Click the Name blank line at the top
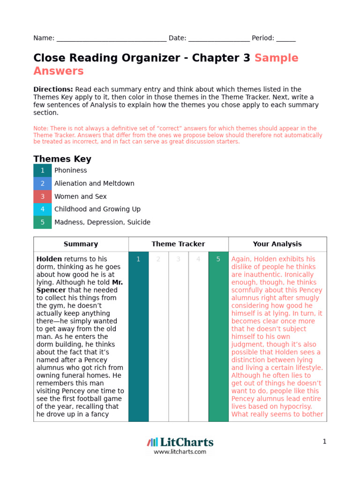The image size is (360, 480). [111, 39]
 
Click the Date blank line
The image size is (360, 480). [219, 39]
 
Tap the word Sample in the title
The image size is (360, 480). [276, 58]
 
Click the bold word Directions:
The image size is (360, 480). [53, 89]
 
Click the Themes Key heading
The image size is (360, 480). [62, 159]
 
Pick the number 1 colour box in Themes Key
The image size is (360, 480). [42, 171]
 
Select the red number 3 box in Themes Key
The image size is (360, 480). [42, 196]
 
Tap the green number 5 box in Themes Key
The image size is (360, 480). [42, 222]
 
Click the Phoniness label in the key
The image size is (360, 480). [71, 171]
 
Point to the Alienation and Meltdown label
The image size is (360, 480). [94, 183]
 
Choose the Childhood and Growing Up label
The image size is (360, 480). [97, 209]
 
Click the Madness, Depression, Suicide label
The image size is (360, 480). [102, 222]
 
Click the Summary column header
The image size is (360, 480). [81, 244]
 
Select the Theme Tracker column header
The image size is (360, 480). [178, 244]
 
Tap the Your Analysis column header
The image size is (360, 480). [277, 244]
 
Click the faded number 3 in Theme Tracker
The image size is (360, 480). [178, 259]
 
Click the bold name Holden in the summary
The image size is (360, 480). [49, 259]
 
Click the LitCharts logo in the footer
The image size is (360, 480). [180, 442]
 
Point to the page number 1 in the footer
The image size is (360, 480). [324, 442]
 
